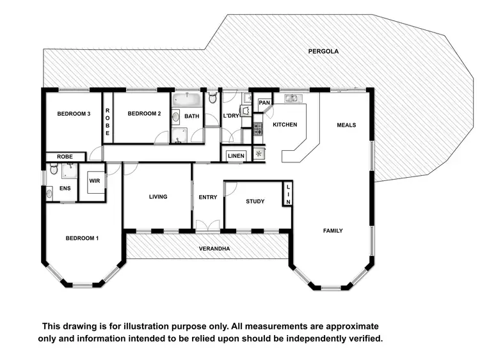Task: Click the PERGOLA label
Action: point(323,51)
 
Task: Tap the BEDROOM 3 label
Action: point(74,114)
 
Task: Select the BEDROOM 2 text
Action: point(144,114)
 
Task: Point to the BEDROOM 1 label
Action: point(83,239)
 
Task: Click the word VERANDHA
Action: point(214,249)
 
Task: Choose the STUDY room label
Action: point(255,201)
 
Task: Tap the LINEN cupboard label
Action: point(236,155)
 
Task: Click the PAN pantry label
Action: point(264,102)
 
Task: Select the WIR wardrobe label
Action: point(95,182)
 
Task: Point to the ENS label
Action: point(65,189)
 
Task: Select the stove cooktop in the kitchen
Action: point(259,129)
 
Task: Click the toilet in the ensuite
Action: point(54,169)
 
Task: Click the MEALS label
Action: point(346,125)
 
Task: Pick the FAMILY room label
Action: point(333,231)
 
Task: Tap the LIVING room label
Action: point(157,197)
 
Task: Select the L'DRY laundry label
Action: point(230,116)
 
